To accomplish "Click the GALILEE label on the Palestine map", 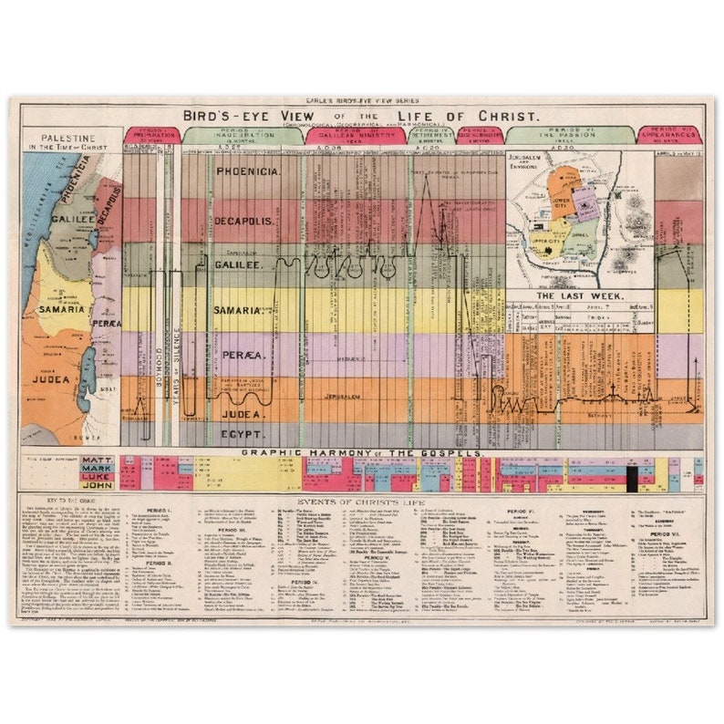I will pyautogui.click(x=74, y=219).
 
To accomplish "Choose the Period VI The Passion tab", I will pyautogui.click(x=566, y=135).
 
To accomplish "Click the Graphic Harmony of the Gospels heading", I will pyautogui.click(x=362, y=452).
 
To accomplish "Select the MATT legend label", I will pyautogui.click(x=98, y=461).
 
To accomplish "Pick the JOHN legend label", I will pyautogui.click(x=98, y=485).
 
